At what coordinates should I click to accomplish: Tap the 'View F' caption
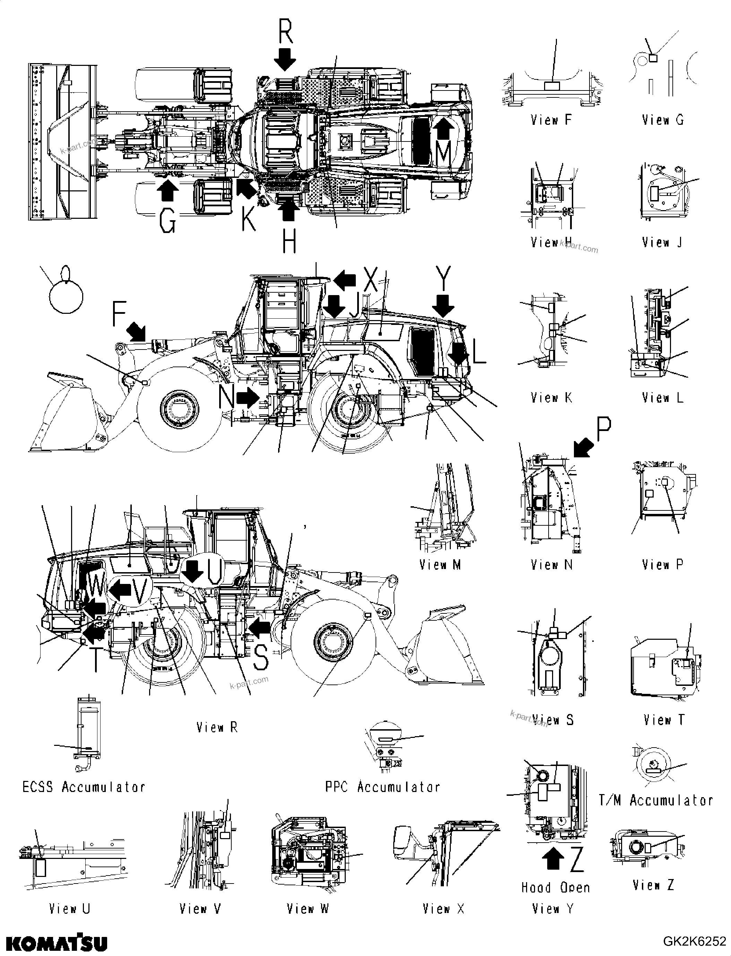click(x=551, y=120)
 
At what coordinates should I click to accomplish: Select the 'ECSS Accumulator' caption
click(x=84, y=787)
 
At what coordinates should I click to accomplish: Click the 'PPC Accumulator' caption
click(x=382, y=787)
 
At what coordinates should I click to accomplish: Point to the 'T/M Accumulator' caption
click(x=656, y=800)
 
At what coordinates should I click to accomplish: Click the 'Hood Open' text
click(x=556, y=888)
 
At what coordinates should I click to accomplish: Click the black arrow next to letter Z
click(x=553, y=860)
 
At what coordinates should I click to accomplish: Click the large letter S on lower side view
click(x=261, y=657)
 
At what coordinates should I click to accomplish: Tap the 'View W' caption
click(x=308, y=908)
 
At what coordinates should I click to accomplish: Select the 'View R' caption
click(x=217, y=727)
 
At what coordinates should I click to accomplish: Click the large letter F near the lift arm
click(x=119, y=313)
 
